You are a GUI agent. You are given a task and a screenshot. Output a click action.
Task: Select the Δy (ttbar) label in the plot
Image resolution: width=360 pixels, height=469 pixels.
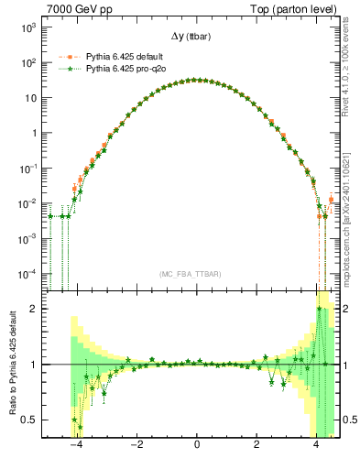(x=197, y=36)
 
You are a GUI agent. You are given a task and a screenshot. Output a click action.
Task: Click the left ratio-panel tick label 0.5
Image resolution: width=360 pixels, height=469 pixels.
(x=29, y=420)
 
